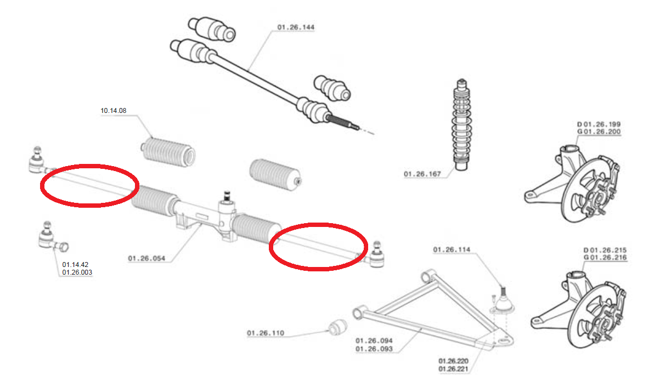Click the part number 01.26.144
[296, 27]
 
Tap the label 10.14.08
[114, 111]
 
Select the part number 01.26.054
[146, 258]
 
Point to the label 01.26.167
[422, 174]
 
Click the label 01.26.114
[452, 249]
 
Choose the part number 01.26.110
[265, 333]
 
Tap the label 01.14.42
[75, 265]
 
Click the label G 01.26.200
[599, 132]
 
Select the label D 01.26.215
[605, 250]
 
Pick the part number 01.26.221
[453, 369]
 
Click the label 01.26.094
[374, 340]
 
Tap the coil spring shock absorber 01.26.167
[461, 124]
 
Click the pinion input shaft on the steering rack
[227, 196]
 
